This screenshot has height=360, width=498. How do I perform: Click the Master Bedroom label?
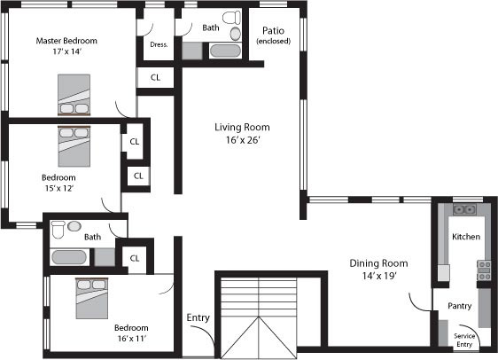(66, 41)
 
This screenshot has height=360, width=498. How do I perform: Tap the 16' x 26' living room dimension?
(243, 140)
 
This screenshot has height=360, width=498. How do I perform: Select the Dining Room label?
(378, 263)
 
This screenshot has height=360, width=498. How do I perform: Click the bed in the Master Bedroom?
(74, 95)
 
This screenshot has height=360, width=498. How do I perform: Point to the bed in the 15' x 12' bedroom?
(74, 146)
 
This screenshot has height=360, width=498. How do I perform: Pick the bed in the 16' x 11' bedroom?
(92, 298)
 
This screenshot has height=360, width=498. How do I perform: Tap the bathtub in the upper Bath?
(225, 51)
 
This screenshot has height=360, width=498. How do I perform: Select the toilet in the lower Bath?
(58, 230)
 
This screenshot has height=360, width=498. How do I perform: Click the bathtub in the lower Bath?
(69, 257)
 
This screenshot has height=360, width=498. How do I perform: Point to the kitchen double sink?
(464, 210)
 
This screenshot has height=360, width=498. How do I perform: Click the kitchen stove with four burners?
(484, 270)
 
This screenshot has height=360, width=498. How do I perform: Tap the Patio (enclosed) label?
(274, 35)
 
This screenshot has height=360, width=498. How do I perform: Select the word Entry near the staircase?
(198, 317)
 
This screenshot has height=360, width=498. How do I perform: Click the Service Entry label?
(464, 340)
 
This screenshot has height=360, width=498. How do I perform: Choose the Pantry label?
(459, 306)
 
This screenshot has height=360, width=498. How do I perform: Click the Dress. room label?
(159, 44)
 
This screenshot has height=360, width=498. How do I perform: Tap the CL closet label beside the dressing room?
(155, 77)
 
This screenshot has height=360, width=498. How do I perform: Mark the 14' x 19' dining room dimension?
(379, 276)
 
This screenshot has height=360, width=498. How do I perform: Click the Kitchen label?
(466, 237)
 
